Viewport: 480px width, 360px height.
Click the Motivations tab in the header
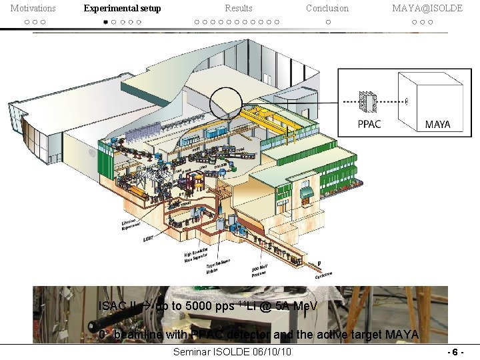[x=33, y=8]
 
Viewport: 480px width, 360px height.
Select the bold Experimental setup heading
[x=122, y=8]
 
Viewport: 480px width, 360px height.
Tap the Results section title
[x=238, y=8]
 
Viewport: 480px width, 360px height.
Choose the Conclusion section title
[x=327, y=8]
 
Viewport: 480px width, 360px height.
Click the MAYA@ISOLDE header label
[x=421, y=8]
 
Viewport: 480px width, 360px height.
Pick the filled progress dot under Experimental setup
[x=105, y=22]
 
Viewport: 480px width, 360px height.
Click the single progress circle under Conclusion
[x=327, y=22]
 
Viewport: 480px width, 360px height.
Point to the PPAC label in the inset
[x=370, y=125]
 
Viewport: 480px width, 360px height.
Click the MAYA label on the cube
[x=437, y=125]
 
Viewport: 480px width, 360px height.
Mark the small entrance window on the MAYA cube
[x=407, y=102]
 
